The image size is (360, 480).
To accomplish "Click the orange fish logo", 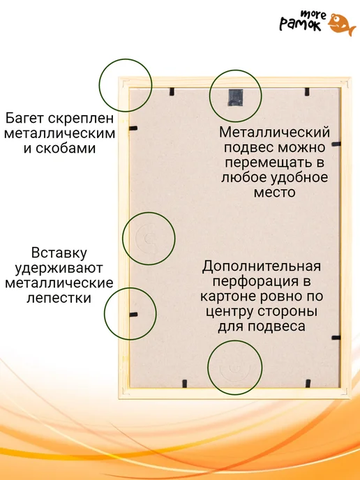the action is [x=342, y=24].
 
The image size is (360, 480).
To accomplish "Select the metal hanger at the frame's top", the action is [x=235, y=98].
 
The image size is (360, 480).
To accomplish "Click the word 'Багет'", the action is [x=25, y=118].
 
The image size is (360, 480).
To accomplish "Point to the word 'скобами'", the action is [x=66, y=149].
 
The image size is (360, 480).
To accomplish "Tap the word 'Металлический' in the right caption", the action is [x=275, y=133].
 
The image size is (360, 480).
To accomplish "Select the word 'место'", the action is [x=275, y=193].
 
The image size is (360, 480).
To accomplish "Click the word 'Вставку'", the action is [x=59, y=253].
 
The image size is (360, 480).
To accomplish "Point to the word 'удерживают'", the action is [x=59, y=268].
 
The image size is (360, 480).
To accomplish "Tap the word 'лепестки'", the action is [x=59, y=298].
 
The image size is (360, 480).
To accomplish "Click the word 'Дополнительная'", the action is [x=262, y=267].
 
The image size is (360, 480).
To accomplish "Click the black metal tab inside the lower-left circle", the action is [x=133, y=315].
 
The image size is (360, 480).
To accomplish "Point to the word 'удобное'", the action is [x=297, y=177].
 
